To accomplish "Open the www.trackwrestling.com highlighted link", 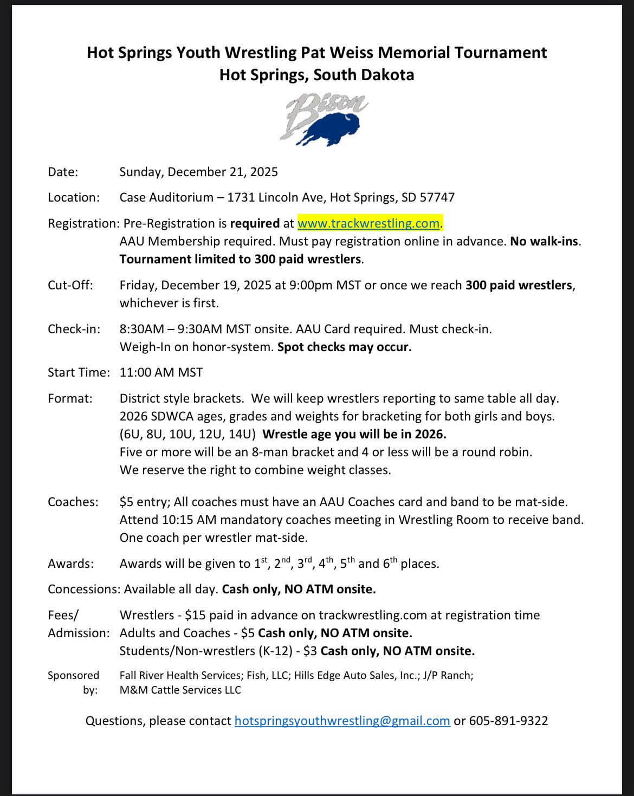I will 368,223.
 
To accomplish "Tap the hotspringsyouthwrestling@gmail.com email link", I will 342,721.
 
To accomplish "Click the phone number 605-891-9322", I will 508,721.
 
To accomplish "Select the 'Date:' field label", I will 63,172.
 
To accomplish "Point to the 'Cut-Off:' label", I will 70,285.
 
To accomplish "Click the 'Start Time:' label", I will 79,372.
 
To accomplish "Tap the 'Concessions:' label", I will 83,589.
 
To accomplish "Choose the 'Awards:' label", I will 70,564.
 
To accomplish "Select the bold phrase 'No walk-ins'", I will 544,241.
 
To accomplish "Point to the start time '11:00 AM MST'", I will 161,372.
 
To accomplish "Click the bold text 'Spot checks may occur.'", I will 344,347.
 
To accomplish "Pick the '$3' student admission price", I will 310,651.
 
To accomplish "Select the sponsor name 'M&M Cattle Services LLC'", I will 180,690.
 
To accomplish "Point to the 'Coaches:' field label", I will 73,502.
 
